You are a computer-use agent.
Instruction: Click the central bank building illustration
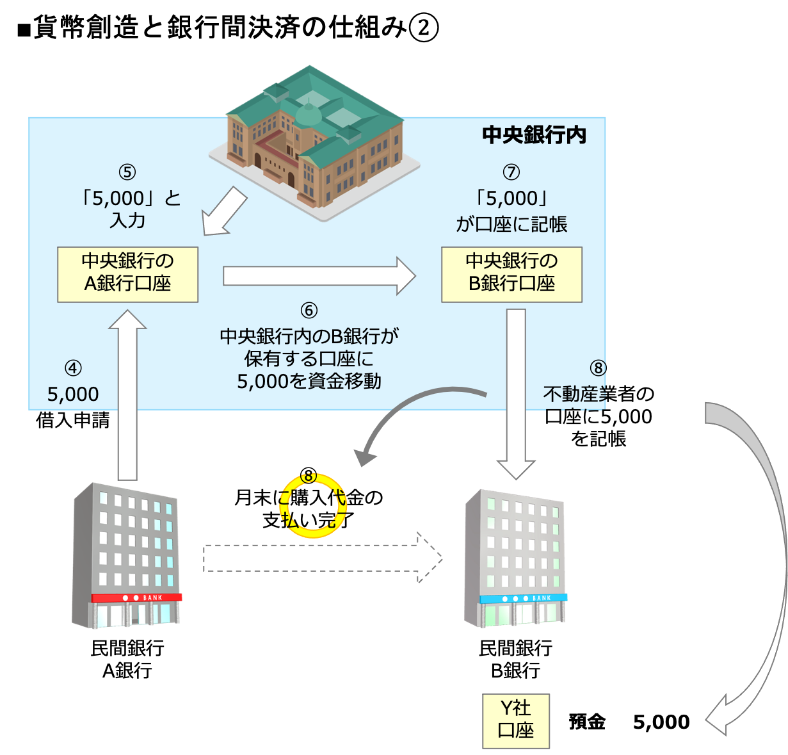(x=314, y=141)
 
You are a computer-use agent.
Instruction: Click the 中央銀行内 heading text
(x=534, y=135)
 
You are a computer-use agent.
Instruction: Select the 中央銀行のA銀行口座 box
(x=127, y=274)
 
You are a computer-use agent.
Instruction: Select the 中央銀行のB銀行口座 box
(x=511, y=274)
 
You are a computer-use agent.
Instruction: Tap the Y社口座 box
(x=516, y=720)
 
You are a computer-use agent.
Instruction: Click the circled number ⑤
(x=127, y=172)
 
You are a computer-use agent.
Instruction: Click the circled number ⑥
(x=309, y=311)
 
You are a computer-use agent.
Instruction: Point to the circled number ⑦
(x=511, y=172)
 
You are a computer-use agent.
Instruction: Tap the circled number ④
(x=73, y=368)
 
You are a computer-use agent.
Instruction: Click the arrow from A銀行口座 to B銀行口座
(x=319, y=276)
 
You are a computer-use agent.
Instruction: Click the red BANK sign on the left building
(x=137, y=597)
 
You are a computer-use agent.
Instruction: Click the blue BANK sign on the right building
(x=524, y=598)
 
